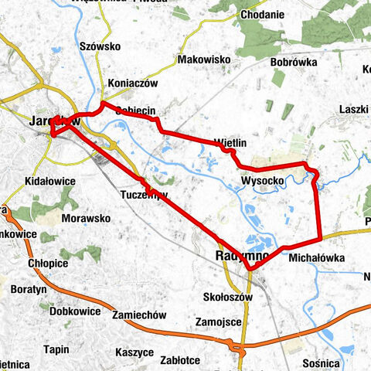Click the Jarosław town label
coord(54,121)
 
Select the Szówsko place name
coord(100,46)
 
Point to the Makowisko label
coord(205,60)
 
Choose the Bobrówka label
coord(291,63)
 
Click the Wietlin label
coord(230,143)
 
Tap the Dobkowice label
coord(74,311)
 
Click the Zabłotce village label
coord(182,359)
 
